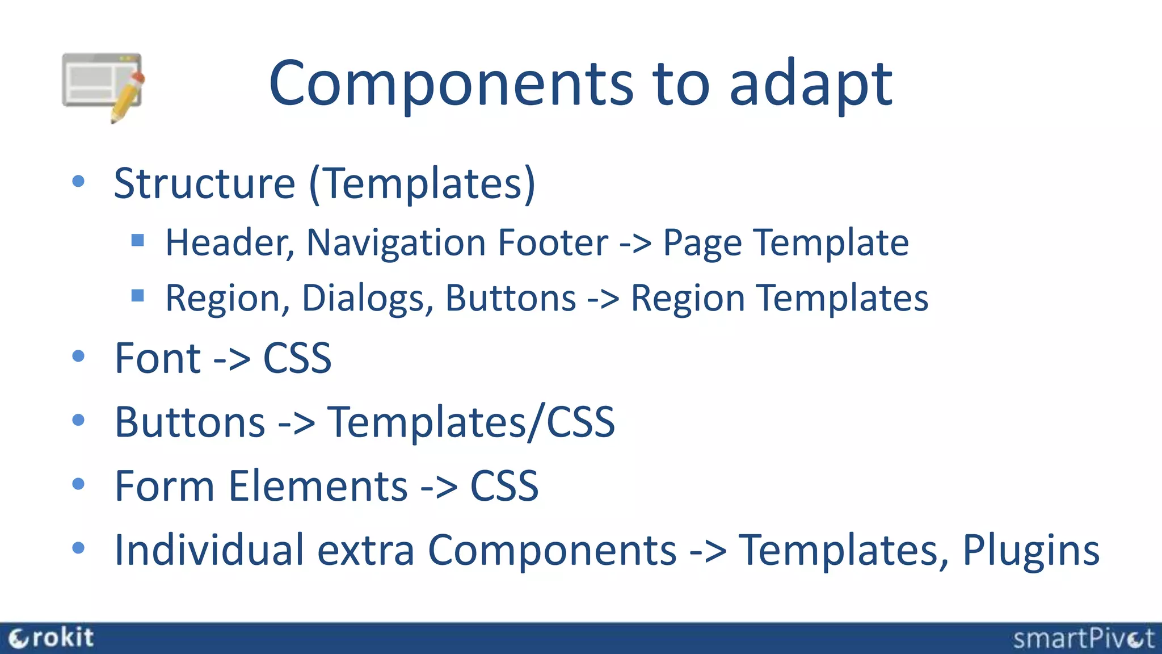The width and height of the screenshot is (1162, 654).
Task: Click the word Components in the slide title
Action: [451, 84]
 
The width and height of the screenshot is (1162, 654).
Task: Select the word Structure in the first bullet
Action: [204, 183]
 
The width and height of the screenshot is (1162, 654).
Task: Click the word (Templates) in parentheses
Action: [422, 183]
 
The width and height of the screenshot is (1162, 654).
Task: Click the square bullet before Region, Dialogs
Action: [137, 295]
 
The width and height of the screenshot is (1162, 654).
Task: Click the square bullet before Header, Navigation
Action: [137, 240]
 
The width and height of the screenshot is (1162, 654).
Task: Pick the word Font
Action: [158, 359]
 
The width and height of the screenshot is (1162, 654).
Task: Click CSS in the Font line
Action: [297, 359]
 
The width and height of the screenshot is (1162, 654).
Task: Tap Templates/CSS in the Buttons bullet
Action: [471, 422]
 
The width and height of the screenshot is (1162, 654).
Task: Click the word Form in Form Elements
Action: [165, 487]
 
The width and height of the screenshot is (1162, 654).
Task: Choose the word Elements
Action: [318, 487]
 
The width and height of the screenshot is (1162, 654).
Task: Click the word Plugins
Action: [1030, 551]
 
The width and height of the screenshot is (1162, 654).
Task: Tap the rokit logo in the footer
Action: [51, 638]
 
